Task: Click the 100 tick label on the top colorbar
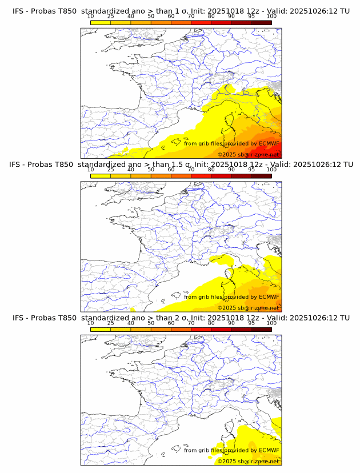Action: [271, 16]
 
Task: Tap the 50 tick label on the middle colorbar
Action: [151, 170]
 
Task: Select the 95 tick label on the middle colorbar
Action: [251, 170]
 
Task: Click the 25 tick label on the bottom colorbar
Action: [111, 323]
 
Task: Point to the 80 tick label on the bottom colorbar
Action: [211, 323]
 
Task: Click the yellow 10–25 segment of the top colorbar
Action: [101, 22]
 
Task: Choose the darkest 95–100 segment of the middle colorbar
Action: [261, 176]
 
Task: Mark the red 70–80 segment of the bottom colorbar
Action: [201, 329]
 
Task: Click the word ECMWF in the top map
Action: [269, 143]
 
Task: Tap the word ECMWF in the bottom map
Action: [269, 450]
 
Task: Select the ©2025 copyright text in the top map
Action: [227, 155]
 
